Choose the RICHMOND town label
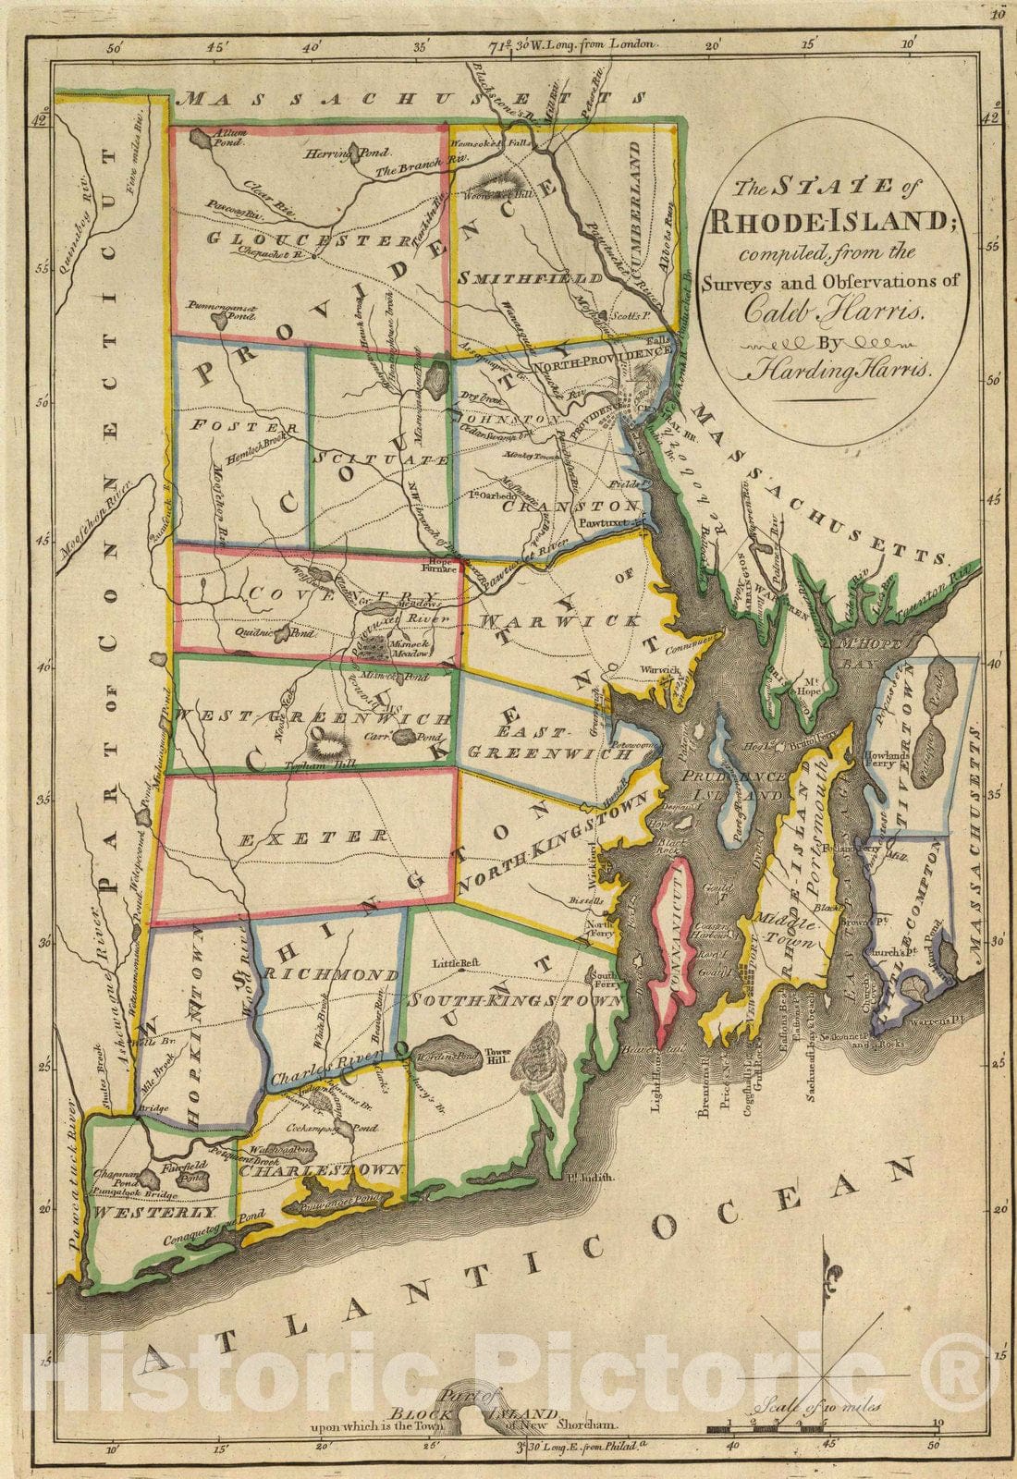click(x=331, y=975)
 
